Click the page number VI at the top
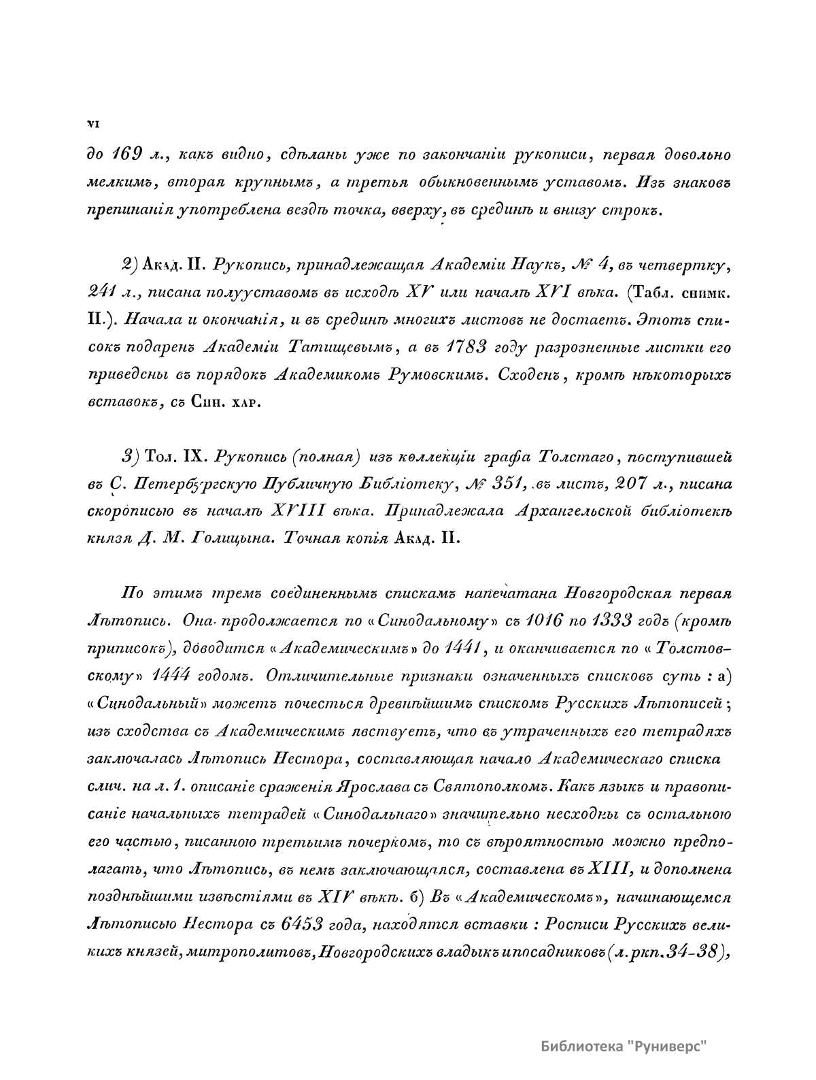[94, 124]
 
